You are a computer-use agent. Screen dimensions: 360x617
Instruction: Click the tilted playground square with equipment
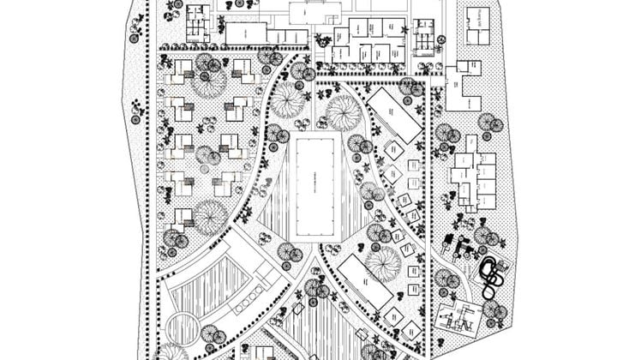click(457, 318)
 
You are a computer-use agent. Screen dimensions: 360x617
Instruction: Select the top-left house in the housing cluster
click(177, 76)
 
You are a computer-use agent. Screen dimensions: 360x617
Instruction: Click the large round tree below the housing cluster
click(209, 217)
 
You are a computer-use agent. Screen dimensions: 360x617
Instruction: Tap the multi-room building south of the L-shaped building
click(474, 180)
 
